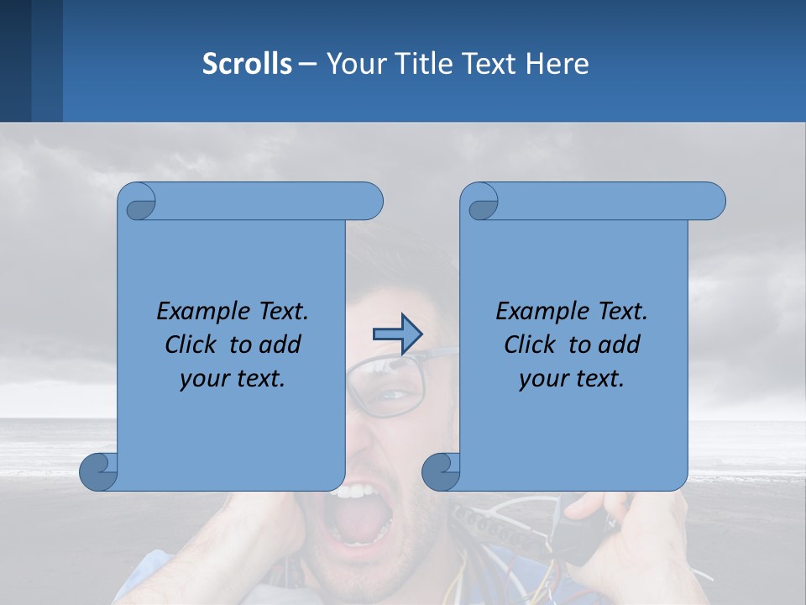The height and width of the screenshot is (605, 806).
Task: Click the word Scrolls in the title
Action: pos(247,64)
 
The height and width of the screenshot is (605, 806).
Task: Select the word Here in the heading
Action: pos(557,64)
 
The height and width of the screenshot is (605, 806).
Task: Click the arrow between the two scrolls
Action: pos(396,334)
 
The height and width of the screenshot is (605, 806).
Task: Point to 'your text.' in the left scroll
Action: pos(233,378)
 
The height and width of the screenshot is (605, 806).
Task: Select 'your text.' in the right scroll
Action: pos(572,378)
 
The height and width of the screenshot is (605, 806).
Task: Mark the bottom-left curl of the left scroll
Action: pos(97,471)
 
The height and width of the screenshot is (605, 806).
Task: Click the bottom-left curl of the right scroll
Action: pos(440,471)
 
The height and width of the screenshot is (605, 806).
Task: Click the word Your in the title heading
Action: pos(353,64)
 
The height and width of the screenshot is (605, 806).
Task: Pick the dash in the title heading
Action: pos(307,64)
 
